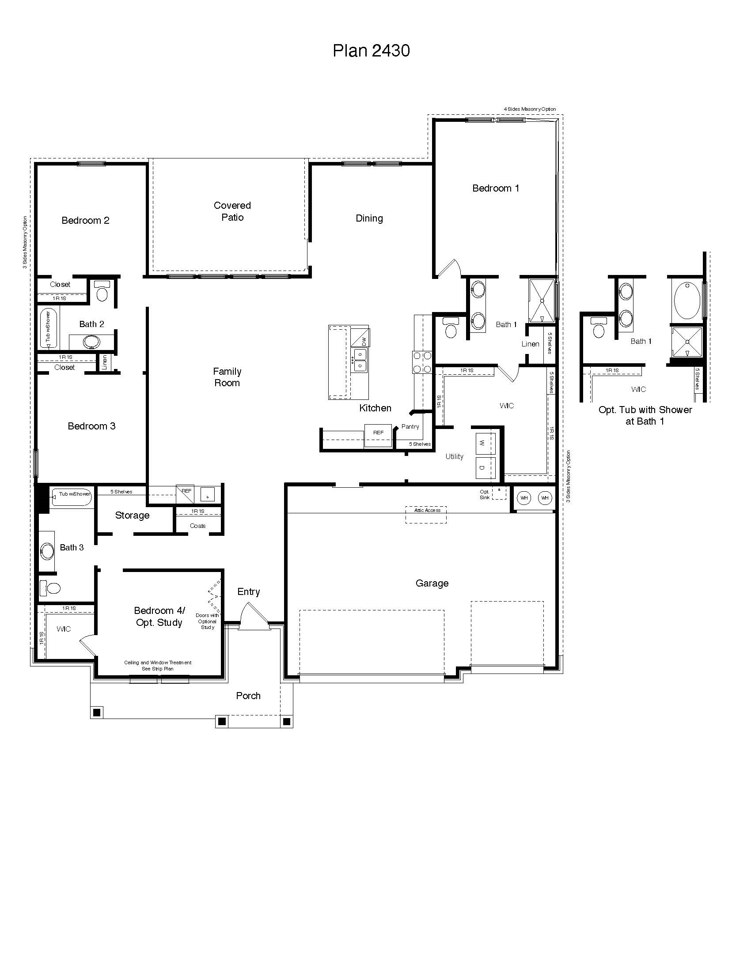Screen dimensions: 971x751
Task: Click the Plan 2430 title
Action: (x=371, y=51)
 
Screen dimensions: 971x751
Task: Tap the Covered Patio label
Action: (x=232, y=211)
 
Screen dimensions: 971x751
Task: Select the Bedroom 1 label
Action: (x=496, y=188)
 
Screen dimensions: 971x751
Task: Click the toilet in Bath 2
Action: (x=102, y=292)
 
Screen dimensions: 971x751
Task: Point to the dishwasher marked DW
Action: (x=360, y=339)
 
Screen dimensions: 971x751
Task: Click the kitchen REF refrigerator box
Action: (x=378, y=435)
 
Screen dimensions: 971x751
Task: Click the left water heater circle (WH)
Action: (x=524, y=498)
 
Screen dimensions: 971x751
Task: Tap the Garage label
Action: (x=432, y=583)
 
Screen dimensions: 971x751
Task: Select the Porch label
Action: (x=248, y=695)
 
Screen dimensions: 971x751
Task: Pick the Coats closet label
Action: (x=197, y=526)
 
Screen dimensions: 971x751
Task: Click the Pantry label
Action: (x=410, y=426)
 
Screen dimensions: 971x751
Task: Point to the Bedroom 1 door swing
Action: (x=450, y=268)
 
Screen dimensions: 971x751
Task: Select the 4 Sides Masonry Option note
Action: (x=529, y=109)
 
